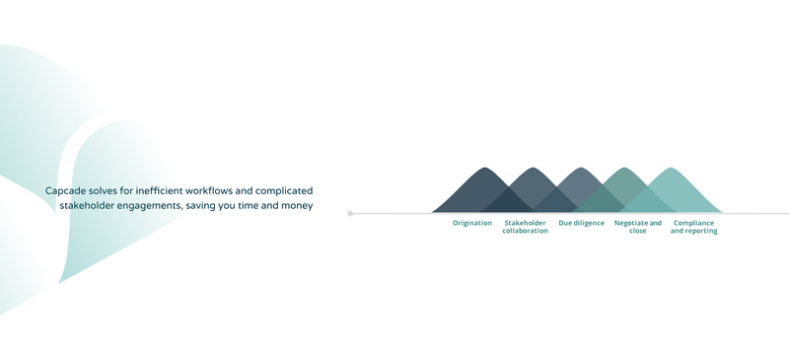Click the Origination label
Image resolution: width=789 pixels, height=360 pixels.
471,223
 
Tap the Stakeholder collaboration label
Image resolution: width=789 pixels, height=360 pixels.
525,227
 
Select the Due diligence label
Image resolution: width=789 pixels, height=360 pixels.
581,223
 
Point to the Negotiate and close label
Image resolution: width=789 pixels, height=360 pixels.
637,227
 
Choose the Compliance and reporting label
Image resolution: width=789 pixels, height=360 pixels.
693,227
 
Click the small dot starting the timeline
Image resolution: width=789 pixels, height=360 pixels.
350,213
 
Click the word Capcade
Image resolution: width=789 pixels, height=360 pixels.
65,189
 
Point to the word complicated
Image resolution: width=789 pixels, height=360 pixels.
287,189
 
